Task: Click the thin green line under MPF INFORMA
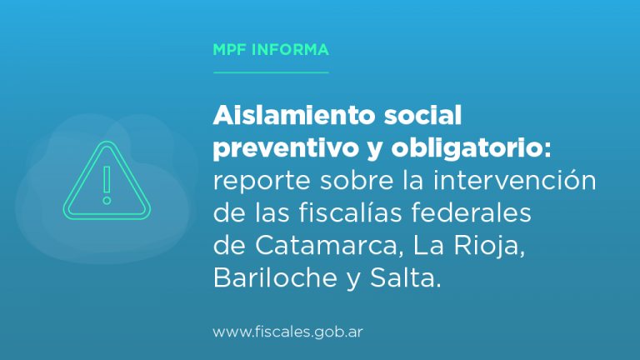271,72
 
